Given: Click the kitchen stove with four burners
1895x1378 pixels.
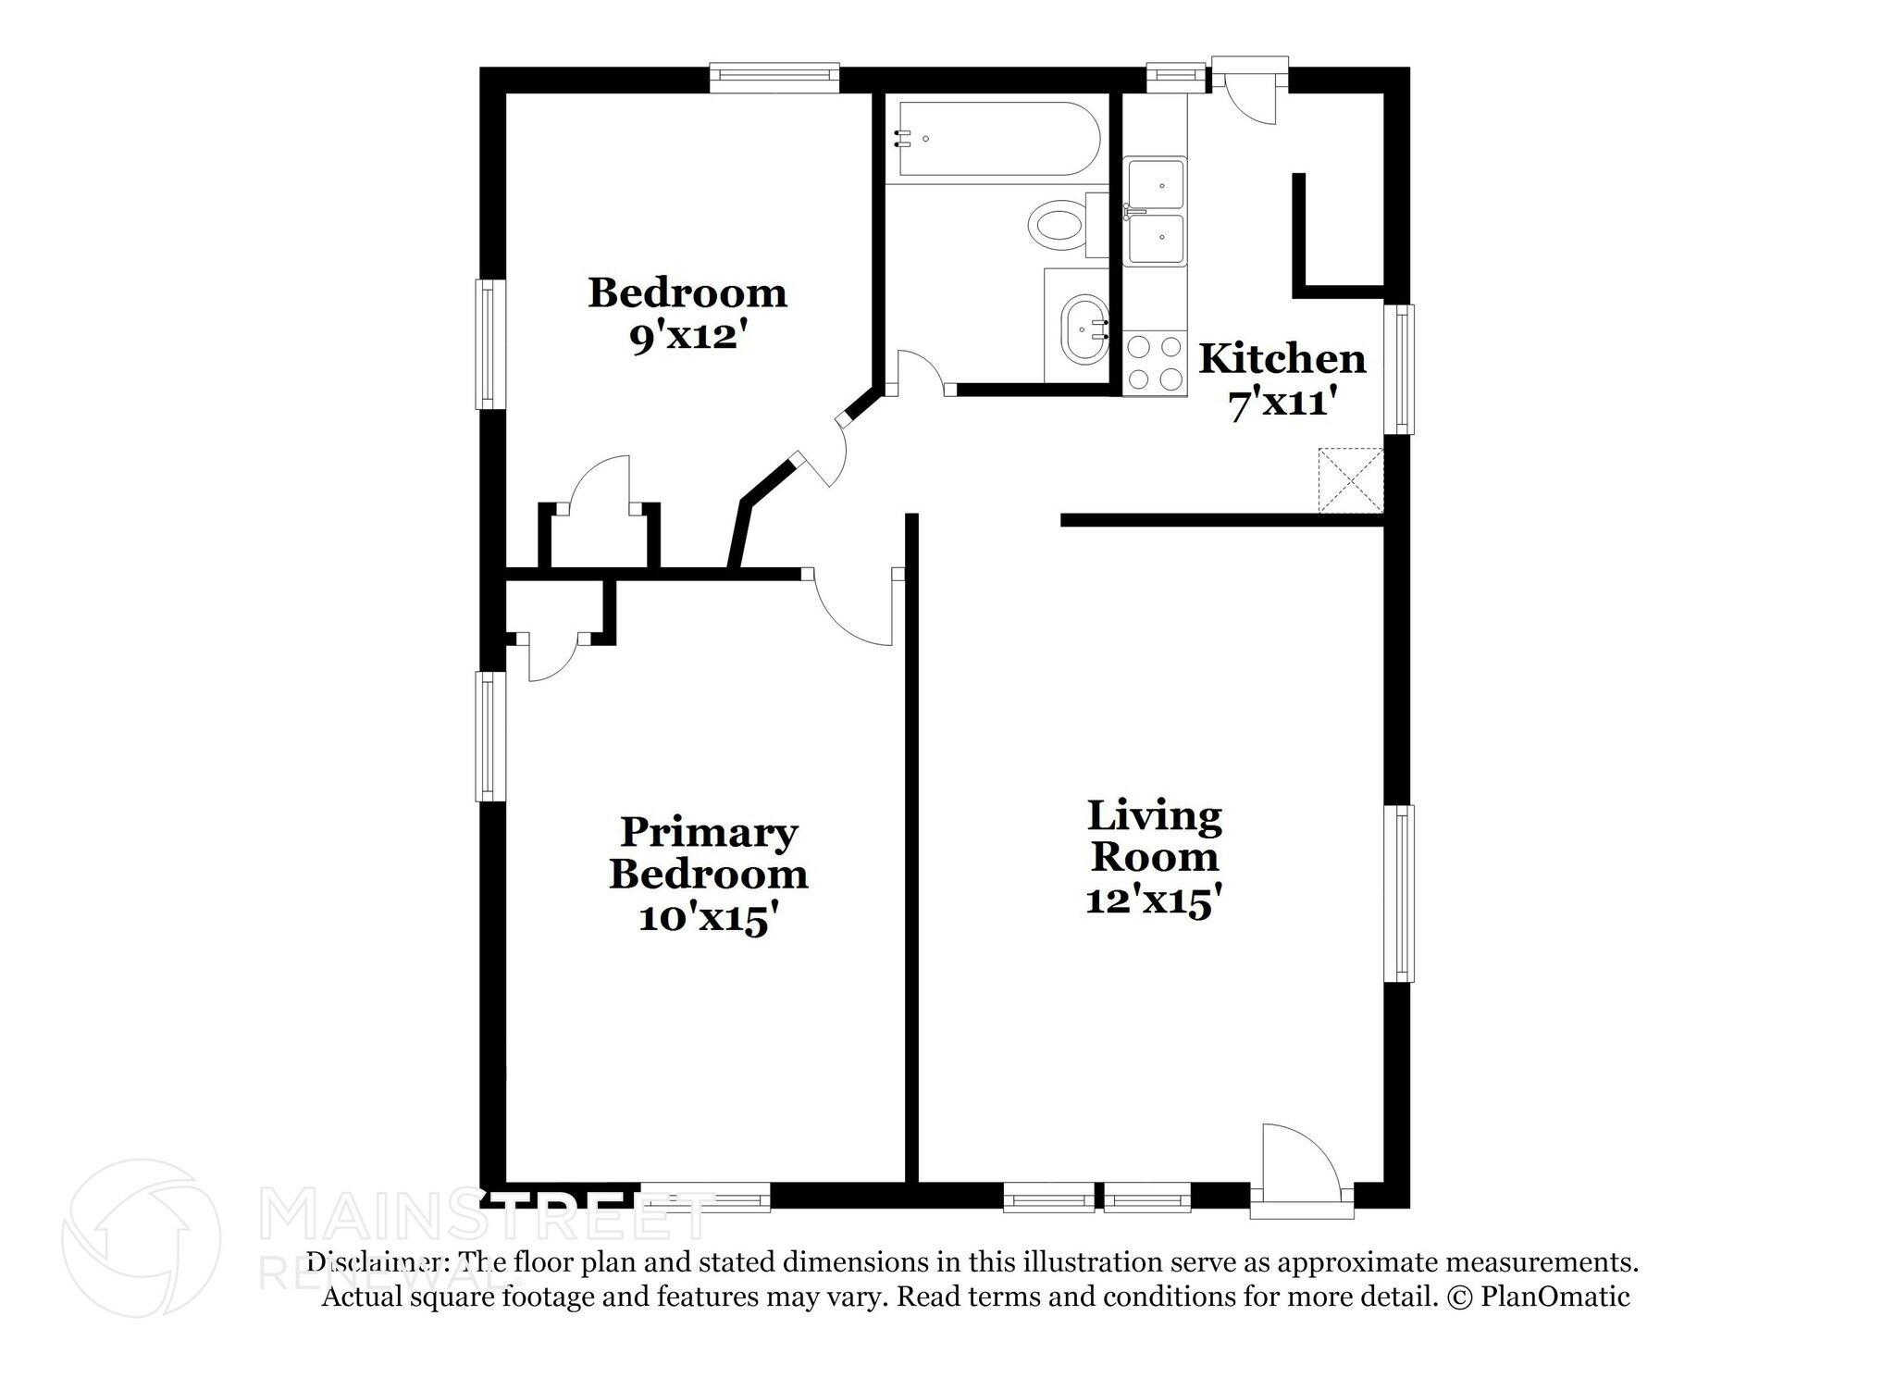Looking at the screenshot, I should [x=1155, y=363].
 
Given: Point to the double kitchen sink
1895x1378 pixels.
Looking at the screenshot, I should [x=1155, y=212].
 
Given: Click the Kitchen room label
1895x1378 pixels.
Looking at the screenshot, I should [x=1282, y=359].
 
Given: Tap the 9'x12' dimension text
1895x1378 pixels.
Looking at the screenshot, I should [x=687, y=338].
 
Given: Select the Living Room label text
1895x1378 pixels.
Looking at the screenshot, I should [x=1154, y=836].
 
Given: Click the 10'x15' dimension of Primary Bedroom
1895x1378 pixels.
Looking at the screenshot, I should [x=708, y=918].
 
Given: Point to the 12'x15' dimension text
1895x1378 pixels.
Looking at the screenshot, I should [x=1148, y=900].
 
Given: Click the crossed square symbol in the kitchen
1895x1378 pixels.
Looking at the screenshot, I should [x=1350, y=479].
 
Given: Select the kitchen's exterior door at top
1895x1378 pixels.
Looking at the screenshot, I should [x=1249, y=93].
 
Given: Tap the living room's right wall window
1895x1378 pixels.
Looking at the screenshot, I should [x=1404, y=893].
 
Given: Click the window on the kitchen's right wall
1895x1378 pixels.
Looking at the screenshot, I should [x=1404, y=368].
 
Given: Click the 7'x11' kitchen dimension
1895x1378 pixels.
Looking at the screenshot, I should [x=1282, y=403].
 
